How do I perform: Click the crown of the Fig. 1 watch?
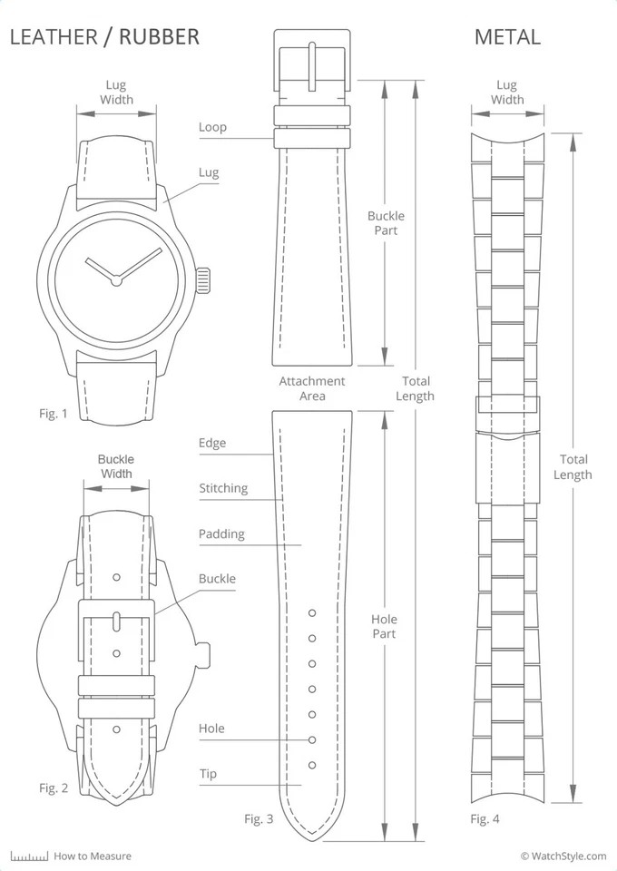click(x=203, y=280)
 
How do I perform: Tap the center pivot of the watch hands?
click(x=116, y=280)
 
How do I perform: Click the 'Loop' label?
click(x=212, y=127)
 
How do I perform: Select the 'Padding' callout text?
click(x=221, y=534)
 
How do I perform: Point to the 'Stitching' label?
click(x=223, y=488)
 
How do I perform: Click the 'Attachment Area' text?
click(x=312, y=388)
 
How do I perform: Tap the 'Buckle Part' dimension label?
click(x=386, y=223)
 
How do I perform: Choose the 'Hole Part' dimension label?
click(x=384, y=626)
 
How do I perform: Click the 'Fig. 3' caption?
click(x=259, y=818)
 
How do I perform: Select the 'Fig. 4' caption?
click(x=485, y=818)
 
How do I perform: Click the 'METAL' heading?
click(x=507, y=36)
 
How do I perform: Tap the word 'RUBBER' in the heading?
click(x=159, y=36)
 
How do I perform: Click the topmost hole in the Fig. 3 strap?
click(x=312, y=612)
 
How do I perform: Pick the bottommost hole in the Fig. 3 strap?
click(x=312, y=765)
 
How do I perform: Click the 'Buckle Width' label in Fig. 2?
click(x=116, y=466)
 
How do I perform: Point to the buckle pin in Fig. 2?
click(x=116, y=621)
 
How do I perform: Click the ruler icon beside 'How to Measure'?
click(x=29, y=856)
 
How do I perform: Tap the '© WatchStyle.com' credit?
click(x=563, y=856)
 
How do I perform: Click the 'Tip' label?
click(x=208, y=774)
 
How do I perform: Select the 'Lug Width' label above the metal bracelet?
click(x=507, y=93)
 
